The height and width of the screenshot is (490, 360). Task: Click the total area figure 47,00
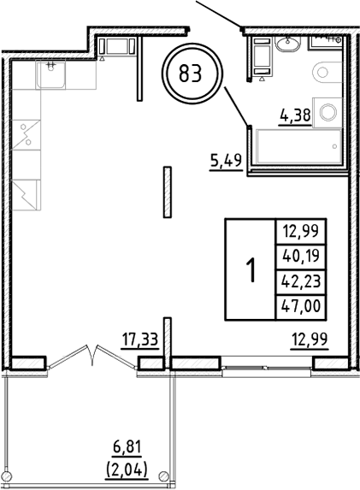pos(293,306)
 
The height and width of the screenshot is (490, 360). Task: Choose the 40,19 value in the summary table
pos(293,253)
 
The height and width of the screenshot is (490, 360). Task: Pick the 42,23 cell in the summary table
pos(293,280)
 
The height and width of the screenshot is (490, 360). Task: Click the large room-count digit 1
pos(250,271)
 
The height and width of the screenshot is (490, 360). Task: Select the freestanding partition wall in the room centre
pos(166,192)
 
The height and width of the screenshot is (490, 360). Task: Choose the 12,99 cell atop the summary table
pos(293,227)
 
